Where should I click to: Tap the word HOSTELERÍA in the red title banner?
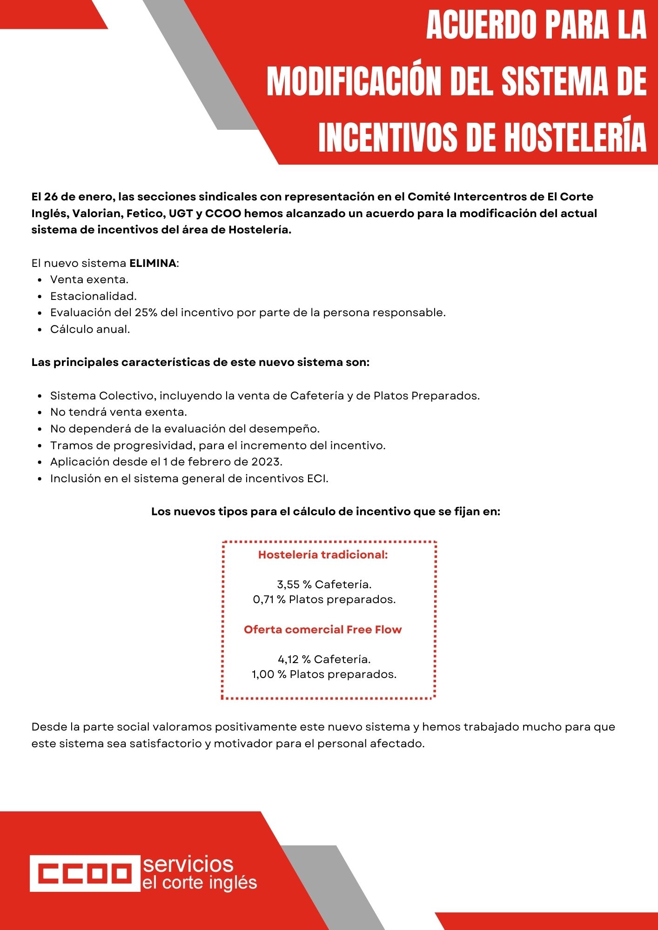point(576,138)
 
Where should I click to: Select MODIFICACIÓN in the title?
point(355,82)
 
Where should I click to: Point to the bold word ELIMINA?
point(153,263)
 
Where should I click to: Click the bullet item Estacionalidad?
point(94,296)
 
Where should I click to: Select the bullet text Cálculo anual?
point(90,329)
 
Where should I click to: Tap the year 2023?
point(266,462)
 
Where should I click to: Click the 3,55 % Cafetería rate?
point(324,585)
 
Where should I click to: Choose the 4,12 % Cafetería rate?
point(324,659)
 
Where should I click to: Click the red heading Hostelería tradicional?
point(323,555)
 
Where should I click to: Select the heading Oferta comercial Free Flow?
point(322,630)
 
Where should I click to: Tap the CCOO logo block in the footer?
point(85,873)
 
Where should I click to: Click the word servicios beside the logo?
point(188,864)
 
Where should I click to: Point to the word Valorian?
point(97,213)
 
